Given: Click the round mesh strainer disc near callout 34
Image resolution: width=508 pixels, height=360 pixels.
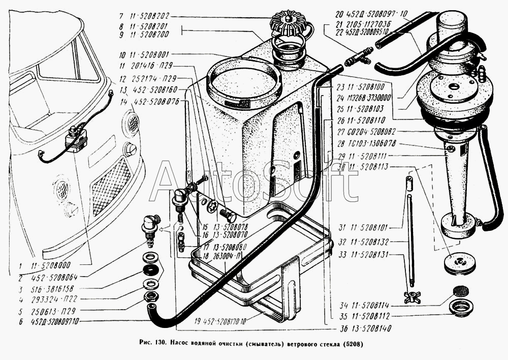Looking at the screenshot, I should [x=460, y=291].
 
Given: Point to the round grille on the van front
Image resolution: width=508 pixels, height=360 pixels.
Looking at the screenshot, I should [x=132, y=123].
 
